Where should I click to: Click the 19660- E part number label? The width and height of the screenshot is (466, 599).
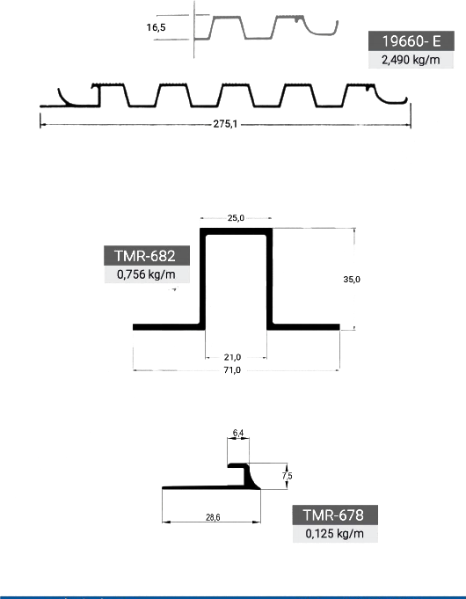coord(411,40)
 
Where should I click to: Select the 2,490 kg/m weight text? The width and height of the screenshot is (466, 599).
coord(411,60)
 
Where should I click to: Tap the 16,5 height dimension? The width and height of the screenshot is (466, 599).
coord(156,27)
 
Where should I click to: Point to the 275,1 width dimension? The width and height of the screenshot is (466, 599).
coord(225,124)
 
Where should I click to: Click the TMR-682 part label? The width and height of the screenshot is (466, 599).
coord(145,256)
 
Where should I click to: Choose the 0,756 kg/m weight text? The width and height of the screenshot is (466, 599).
coord(146,274)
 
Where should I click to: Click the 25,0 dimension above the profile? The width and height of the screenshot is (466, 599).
coord(236,218)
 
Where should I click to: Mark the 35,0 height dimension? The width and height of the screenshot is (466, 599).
coord(352,279)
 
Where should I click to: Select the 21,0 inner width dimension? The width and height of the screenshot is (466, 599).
coord(232,357)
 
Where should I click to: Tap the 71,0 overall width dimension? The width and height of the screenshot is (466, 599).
coord(232,370)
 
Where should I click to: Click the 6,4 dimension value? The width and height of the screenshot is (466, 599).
coord(238,433)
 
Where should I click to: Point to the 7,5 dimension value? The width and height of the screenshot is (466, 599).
coord(288,476)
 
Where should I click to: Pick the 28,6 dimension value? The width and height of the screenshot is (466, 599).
coord(213,517)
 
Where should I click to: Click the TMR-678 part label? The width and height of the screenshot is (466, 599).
coord(333,515)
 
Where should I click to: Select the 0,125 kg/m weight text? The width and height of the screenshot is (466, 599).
coord(335,534)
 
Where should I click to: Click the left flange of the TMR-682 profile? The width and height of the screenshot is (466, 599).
coord(166,327)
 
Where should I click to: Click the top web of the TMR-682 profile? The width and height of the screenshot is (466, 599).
coord(236,231)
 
